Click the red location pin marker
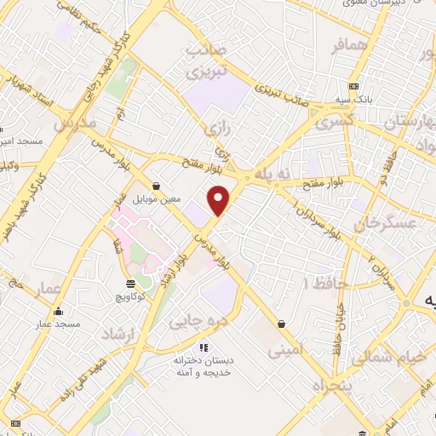pos(220,199)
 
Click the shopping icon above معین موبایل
pos(156,186)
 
